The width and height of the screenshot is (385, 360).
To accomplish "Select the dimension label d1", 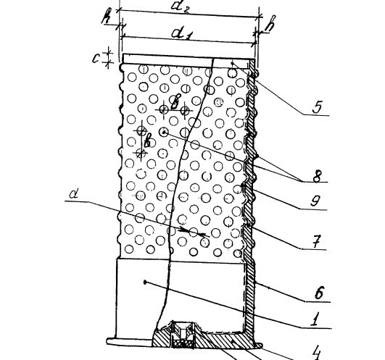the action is pyautogui.click(x=181, y=33).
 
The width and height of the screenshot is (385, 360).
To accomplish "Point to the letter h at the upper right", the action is pyautogui.click(x=270, y=24).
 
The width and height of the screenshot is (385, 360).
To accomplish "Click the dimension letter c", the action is pyautogui.click(x=96, y=59).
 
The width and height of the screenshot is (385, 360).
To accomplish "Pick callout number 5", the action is pyautogui.click(x=317, y=106).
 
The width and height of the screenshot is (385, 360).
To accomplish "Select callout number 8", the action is pyautogui.click(x=317, y=175).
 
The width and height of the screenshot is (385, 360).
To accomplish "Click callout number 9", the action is pyautogui.click(x=315, y=201).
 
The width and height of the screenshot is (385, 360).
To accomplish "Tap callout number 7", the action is pyautogui.click(x=316, y=240).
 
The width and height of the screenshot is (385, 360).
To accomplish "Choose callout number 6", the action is pyautogui.click(x=318, y=293).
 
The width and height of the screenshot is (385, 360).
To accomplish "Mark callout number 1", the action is pyautogui.click(x=314, y=319).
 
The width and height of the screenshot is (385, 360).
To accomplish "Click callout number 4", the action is pyautogui.click(x=316, y=353).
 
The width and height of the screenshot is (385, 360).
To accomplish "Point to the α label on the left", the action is pyautogui.click(x=73, y=194).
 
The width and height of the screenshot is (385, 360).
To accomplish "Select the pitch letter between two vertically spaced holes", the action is pyautogui.click(x=148, y=141).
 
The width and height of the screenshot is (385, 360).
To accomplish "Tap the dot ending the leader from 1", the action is pyautogui.click(x=145, y=282).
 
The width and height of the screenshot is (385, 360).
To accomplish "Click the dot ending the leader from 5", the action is pyautogui.click(x=232, y=64).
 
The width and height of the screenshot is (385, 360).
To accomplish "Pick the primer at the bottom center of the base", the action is pyautogui.click(x=183, y=335).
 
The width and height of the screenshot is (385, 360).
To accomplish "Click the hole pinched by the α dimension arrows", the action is pyautogui.click(x=194, y=232).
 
